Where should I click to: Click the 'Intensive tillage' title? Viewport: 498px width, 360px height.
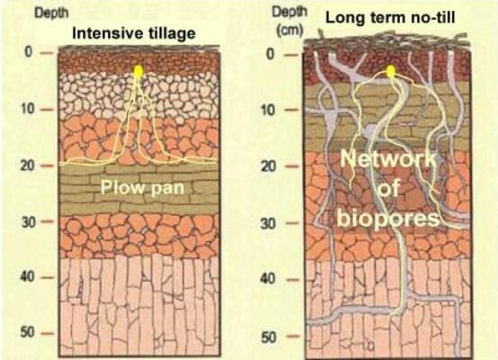tap(133, 33)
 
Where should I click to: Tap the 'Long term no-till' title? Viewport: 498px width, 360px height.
tap(390, 17)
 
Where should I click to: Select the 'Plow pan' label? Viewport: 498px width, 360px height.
tap(142, 187)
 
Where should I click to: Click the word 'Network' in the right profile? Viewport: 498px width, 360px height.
tap(388, 159)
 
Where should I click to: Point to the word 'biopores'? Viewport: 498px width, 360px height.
tap(388, 219)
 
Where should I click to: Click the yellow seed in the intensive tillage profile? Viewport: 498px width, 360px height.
tap(138, 71)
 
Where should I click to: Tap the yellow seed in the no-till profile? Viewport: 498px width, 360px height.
tap(391, 71)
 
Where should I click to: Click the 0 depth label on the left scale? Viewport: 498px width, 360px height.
tap(29, 52)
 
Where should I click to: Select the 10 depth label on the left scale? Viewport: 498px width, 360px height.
tap(28, 109)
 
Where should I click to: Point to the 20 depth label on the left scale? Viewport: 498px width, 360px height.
tap(28, 166)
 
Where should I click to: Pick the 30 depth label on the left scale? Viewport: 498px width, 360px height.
tap(28, 222)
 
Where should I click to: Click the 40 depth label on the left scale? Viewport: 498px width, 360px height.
tap(28, 276)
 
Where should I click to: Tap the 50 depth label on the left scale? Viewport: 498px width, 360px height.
tap(28, 332)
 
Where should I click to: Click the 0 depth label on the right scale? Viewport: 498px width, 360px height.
tap(269, 54)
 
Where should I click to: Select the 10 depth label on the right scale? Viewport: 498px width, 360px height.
tap(268, 110)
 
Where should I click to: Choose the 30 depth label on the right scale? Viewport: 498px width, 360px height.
tap(268, 223)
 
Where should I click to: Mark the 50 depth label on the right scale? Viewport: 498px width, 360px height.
tap(268, 337)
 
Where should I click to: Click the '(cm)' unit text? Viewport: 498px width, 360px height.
tap(290, 31)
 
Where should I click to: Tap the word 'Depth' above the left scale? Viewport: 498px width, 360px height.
tap(51, 13)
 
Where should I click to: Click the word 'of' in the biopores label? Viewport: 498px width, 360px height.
tap(388, 189)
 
